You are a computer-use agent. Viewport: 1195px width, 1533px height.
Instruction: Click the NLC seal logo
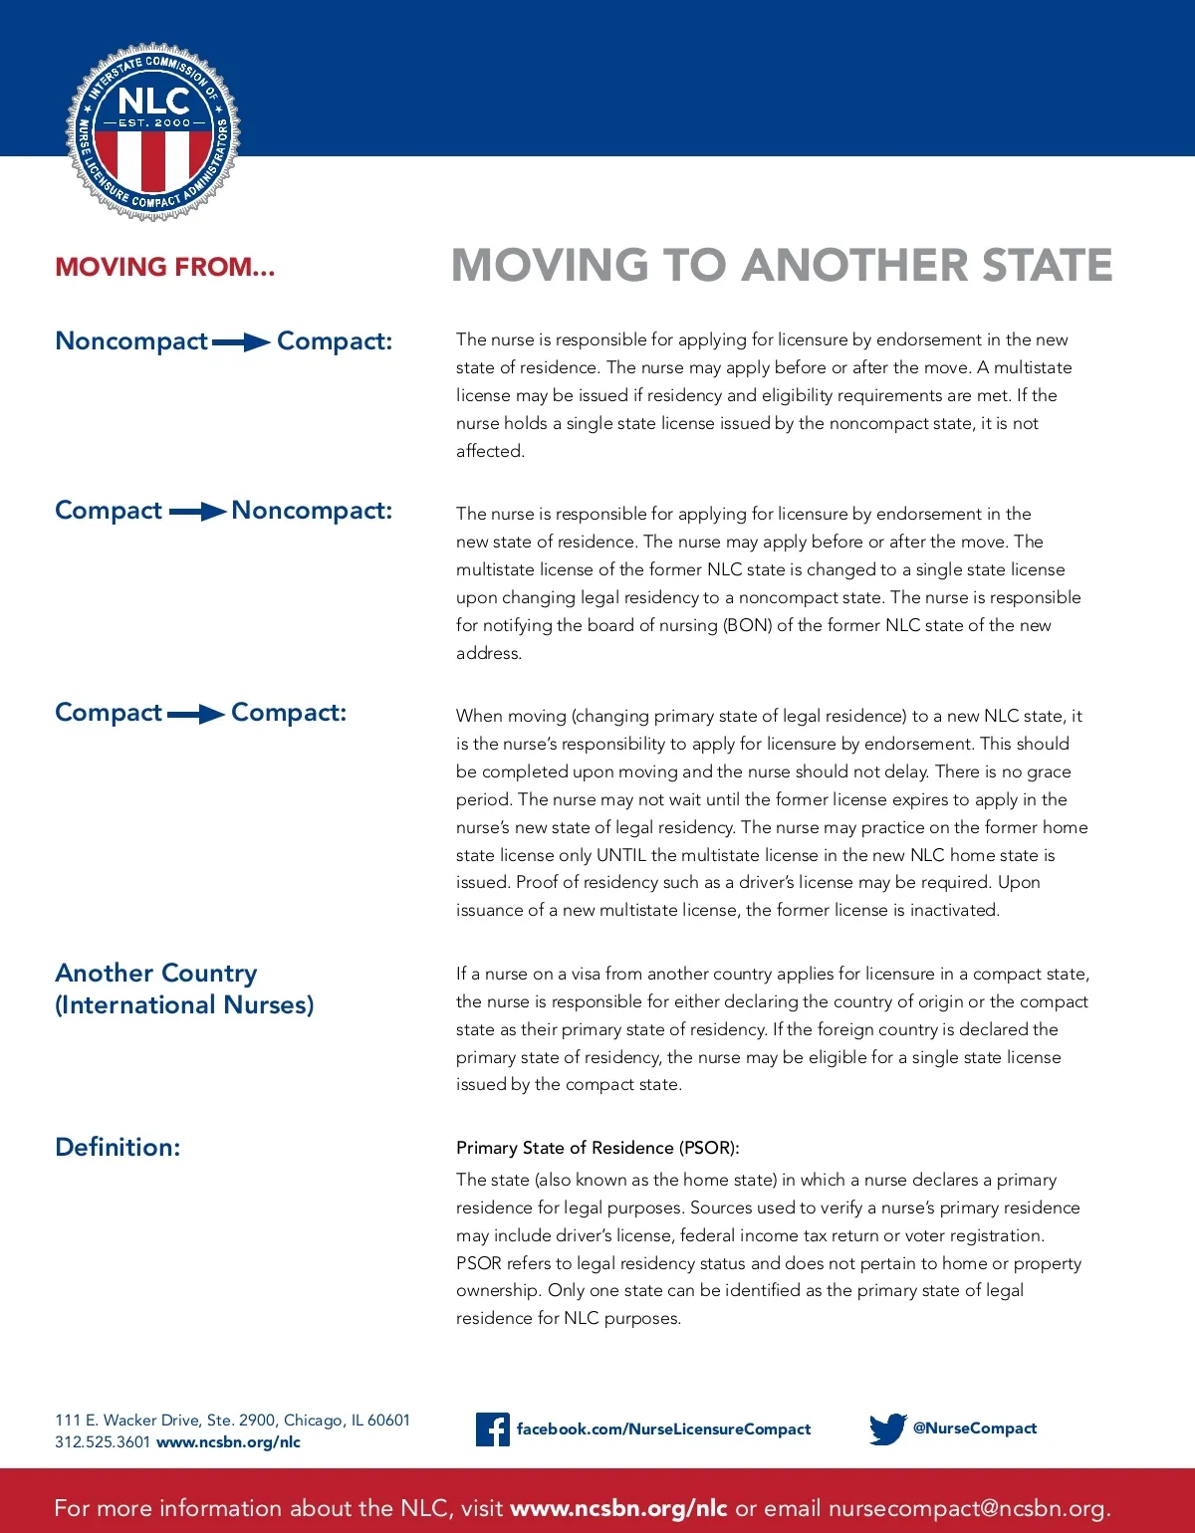click(152, 130)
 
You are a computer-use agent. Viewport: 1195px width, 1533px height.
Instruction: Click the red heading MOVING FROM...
click(164, 267)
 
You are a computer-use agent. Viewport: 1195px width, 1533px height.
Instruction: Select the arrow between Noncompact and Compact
click(241, 342)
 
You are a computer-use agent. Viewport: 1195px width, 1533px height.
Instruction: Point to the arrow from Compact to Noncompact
click(197, 512)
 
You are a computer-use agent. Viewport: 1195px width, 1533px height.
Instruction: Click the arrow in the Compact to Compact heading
click(196, 714)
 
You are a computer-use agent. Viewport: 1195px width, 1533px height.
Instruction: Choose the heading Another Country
click(156, 973)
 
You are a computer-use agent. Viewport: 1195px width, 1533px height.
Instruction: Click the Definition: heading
click(118, 1147)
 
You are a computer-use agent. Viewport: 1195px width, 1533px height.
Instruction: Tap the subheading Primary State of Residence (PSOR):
click(597, 1148)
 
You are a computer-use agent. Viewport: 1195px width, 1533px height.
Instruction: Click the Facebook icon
click(492, 1429)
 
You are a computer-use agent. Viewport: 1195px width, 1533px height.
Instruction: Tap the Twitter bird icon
click(887, 1428)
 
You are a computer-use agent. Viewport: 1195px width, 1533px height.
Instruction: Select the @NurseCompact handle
click(975, 1428)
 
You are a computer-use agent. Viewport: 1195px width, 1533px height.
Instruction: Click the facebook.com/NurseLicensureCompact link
click(663, 1429)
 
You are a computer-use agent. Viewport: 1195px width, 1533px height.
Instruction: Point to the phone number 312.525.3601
click(103, 1442)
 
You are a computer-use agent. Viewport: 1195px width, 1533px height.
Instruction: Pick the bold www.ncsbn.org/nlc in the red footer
click(618, 1508)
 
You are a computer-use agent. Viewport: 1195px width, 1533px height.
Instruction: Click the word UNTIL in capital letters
click(621, 855)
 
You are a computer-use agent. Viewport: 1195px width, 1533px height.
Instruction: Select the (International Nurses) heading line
click(184, 1005)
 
